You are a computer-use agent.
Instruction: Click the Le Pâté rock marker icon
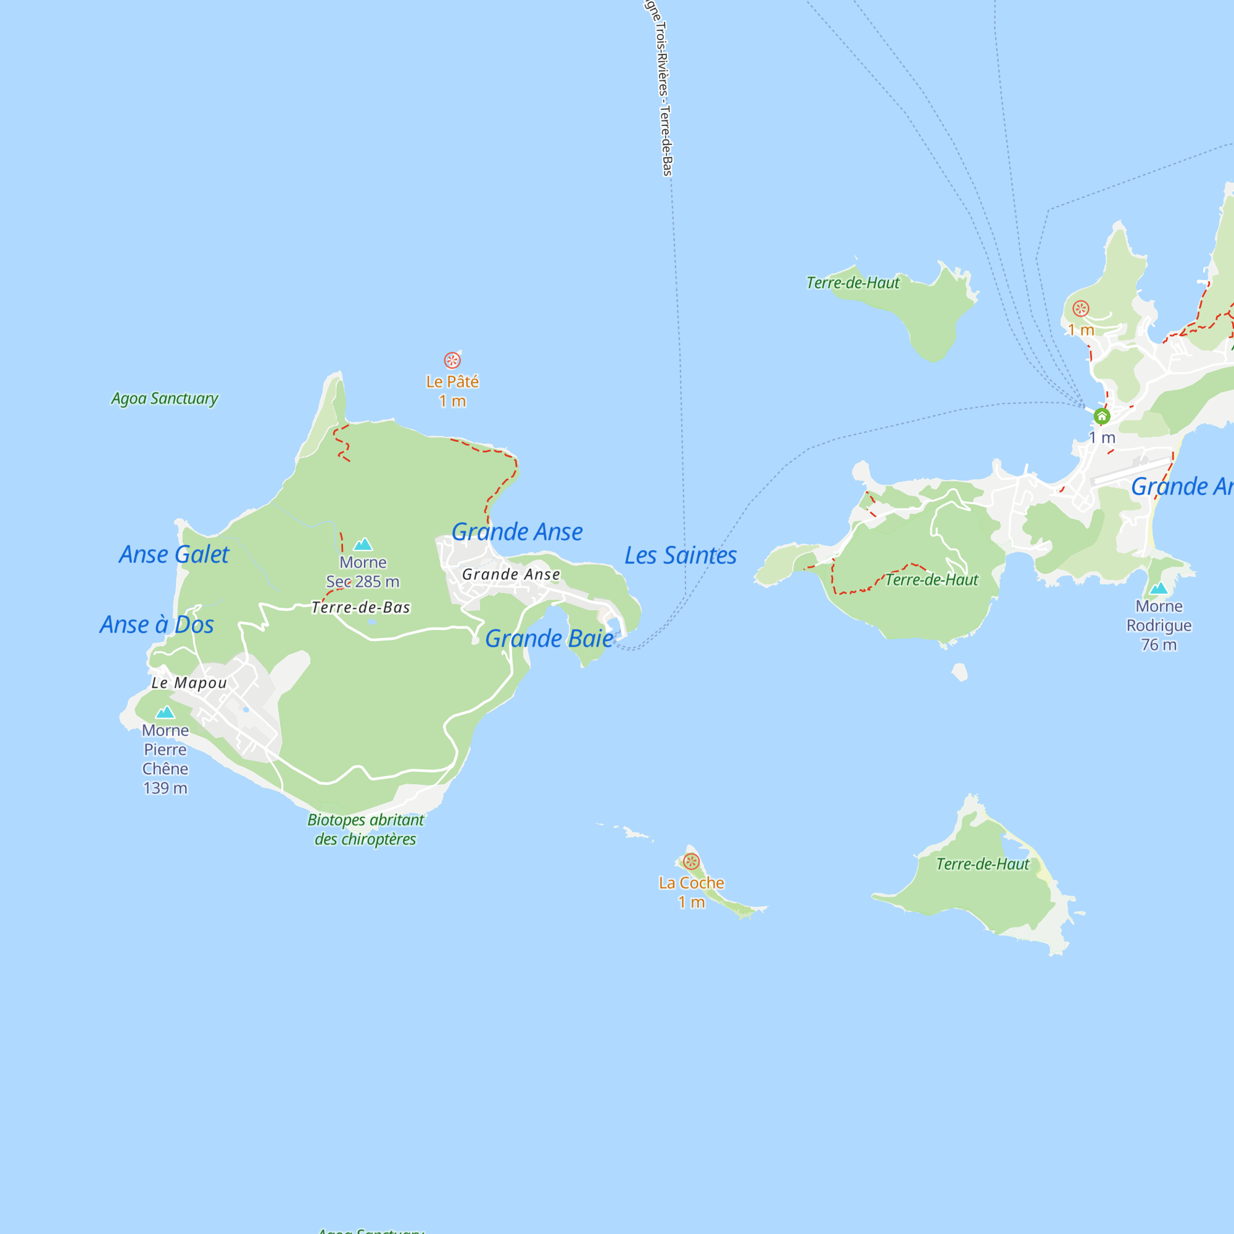point(452,360)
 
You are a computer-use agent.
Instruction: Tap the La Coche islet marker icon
point(691,861)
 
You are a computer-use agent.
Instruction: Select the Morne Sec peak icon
point(363,544)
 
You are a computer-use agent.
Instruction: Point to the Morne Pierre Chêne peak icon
point(165,712)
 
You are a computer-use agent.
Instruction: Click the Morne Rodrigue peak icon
point(1159,588)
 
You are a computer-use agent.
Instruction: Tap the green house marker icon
point(1102,416)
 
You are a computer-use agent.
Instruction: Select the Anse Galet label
point(174,555)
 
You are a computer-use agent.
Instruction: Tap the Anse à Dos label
point(157,624)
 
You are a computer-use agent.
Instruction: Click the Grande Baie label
point(549,639)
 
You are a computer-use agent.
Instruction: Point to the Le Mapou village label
point(189,683)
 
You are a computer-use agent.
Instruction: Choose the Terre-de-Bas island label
point(361,607)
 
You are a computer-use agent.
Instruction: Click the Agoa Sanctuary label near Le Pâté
point(165,399)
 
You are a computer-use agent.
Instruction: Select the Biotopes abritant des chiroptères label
point(365,829)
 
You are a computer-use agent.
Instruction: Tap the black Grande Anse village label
point(511,574)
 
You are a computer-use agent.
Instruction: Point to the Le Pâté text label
point(452,382)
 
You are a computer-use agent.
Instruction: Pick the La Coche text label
point(691,883)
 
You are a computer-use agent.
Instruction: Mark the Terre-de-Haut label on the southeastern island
point(982,864)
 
